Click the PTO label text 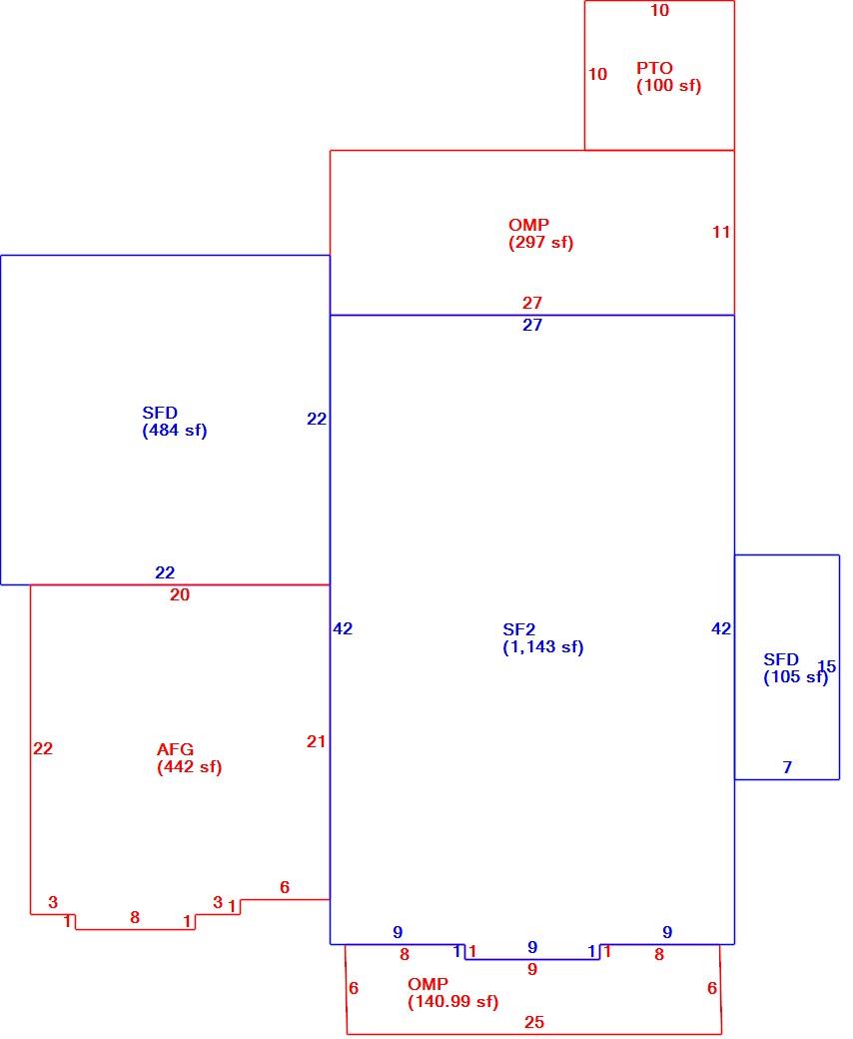pyautogui.click(x=654, y=68)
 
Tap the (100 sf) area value pyautogui.click(x=669, y=86)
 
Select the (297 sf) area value pyautogui.click(x=541, y=243)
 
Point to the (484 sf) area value pyautogui.click(x=175, y=431)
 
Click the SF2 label pyautogui.click(x=519, y=629)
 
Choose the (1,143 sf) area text pyautogui.click(x=543, y=647)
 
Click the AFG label pyautogui.click(x=176, y=749)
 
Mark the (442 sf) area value pyautogui.click(x=190, y=767)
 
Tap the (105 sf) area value pyautogui.click(x=795, y=677)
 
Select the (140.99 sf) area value pyautogui.click(x=453, y=1002)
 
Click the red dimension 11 pyautogui.click(x=721, y=232)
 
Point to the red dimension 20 pyautogui.click(x=180, y=594)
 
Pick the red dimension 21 pyautogui.click(x=316, y=741)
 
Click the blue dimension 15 pyautogui.click(x=826, y=666)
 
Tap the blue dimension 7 pyautogui.click(x=787, y=767)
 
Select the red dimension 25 pyautogui.click(x=534, y=1022)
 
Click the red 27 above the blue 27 pyautogui.click(x=532, y=303)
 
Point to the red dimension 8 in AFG pyautogui.click(x=135, y=918)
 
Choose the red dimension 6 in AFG pyautogui.click(x=285, y=887)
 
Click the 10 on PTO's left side pyautogui.click(x=598, y=74)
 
